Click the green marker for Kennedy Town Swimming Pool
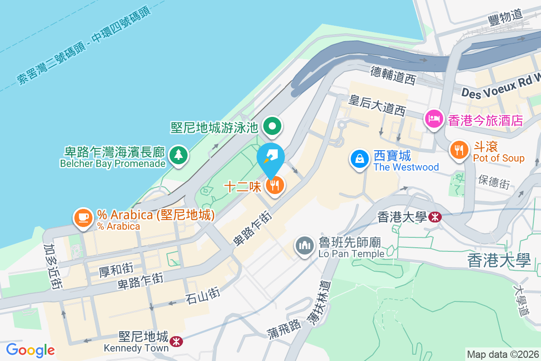(x=272, y=127)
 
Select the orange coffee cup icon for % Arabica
(x=83, y=218)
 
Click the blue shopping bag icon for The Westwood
(x=360, y=159)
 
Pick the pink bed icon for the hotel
(x=433, y=120)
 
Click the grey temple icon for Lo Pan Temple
(x=305, y=246)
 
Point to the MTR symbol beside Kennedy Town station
(x=176, y=341)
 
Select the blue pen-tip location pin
(x=270, y=157)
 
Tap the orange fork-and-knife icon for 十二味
(x=275, y=185)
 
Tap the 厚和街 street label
(x=115, y=270)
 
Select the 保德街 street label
(x=494, y=182)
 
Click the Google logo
(x=30, y=350)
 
